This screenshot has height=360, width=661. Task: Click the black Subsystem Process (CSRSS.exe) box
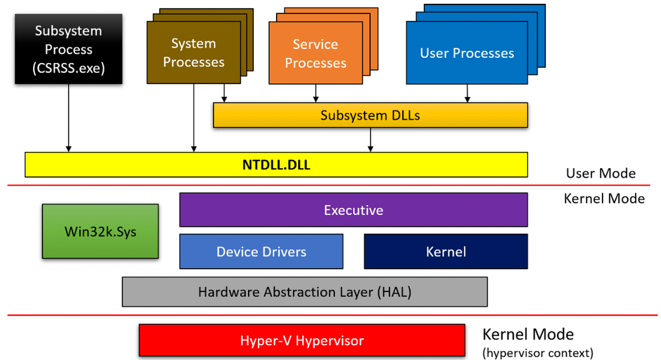pyautogui.click(x=69, y=49)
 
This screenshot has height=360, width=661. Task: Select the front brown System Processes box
pyautogui.click(x=194, y=52)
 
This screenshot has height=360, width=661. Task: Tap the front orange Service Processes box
pyautogui.click(x=316, y=53)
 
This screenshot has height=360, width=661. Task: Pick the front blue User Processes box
pyautogui.click(x=467, y=53)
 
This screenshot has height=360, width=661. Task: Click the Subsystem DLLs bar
pyautogui.click(x=370, y=115)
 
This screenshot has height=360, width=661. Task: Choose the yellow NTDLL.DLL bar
pyautogui.click(x=276, y=165)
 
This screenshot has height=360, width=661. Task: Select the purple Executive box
pyautogui.click(x=354, y=210)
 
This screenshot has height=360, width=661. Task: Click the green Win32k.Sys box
pyautogui.click(x=100, y=231)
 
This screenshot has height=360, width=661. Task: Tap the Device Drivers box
pyautogui.click(x=261, y=252)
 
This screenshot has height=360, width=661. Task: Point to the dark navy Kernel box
pyautogui.click(x=446, y=252)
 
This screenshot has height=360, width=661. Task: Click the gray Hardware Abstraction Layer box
pyautogui.click(x=305, y=292)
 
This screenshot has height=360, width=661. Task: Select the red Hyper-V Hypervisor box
pyautogui.click(x=302, y=341)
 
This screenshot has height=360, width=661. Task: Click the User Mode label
pyautogui.click(x=601, y=173)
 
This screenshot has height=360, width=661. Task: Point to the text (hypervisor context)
pyautogui.click(x=538, y=353)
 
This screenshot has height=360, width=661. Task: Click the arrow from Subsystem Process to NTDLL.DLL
pyautogui.click(x=69, y=118)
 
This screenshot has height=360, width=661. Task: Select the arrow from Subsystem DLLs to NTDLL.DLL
pyautogui.click(x=370, y=140)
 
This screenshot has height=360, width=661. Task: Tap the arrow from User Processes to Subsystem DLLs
pyautogui.click(x=467, y=93)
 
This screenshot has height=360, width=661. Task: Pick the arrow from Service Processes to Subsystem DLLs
pyautogui.click(x=316, y=93)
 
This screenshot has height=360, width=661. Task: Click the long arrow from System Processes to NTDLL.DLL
pyautogui.click(x=194, y=118)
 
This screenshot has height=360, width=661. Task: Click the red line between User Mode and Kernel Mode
pyautogui.click(x=329, y=185)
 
